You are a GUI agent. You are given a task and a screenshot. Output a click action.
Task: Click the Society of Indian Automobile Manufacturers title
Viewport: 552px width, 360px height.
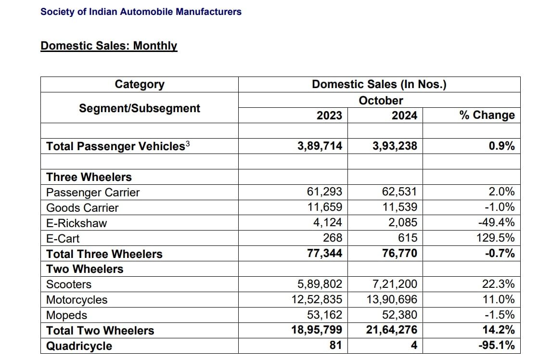(x=141, y=12)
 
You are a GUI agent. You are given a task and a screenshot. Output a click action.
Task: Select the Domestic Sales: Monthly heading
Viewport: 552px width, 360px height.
(x=109, y=46)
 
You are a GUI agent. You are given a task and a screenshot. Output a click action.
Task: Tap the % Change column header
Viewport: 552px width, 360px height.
(x=487, y=116)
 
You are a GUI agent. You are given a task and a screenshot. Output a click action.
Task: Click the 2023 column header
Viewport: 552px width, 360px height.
(x=329, y=116)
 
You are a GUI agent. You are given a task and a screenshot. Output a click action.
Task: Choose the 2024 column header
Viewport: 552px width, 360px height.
(x=404, y=116)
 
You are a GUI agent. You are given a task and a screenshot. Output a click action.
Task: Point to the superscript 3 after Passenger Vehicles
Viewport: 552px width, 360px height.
(x=188, y=143)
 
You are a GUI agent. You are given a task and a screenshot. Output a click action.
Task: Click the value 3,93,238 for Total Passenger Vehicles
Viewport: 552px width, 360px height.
(x=395, y=146)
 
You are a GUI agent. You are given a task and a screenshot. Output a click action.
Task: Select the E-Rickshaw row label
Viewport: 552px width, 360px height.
(x=77, y=223)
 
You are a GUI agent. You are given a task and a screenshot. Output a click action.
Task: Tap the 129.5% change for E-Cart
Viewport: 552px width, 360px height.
(x=498, y=238)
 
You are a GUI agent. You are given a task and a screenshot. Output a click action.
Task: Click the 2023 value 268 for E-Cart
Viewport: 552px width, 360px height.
(x=333, y=238)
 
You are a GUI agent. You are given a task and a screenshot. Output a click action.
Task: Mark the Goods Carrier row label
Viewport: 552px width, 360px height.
(x=82, y=208)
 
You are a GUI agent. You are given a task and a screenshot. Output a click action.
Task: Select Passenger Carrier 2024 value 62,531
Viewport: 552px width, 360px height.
(x=399, y=192)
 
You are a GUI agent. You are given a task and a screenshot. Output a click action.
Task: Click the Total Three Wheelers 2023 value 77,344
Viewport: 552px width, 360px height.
(x=324, y=253)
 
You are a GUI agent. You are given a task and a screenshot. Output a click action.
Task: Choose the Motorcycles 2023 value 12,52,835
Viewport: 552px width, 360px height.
(x=317, y=299)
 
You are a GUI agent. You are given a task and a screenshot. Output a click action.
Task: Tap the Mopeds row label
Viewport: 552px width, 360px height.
(x=67, y=315)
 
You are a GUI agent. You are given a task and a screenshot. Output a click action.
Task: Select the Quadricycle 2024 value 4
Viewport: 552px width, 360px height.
(x=414, y=346)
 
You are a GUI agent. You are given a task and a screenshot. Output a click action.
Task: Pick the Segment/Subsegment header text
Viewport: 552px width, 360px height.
(x=140, y=108)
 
